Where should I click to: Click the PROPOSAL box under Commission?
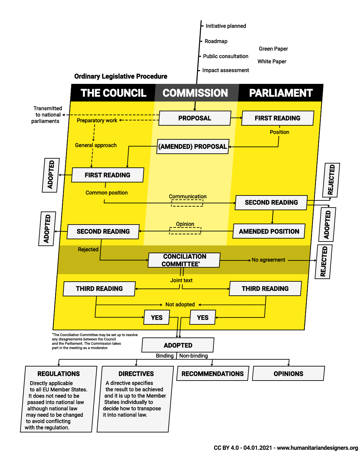point(195,118)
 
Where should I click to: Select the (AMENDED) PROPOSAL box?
point(193,147)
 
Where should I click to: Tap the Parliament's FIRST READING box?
point(277,118)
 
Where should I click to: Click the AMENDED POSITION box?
point(269,231)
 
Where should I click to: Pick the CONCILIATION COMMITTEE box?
point(184,260)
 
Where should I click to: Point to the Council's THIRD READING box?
point(99,289)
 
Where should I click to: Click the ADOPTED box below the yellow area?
point(178,345)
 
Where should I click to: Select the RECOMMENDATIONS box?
point(212,374)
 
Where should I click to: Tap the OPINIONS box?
point(289,374)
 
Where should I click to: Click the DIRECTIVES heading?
point(136,374)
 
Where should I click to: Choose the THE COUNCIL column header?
point(113,93)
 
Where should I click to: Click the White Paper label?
point(272,61)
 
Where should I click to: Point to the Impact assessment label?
point(226,70)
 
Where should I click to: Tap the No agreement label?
point(268,260)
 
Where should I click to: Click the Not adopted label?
point(180,305)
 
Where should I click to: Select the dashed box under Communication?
point(187,203)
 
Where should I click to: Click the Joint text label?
point(181,280)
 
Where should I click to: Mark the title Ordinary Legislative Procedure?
point(121,76)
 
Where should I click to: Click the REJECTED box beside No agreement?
point(323,262)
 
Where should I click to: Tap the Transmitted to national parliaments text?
point(46,115)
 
